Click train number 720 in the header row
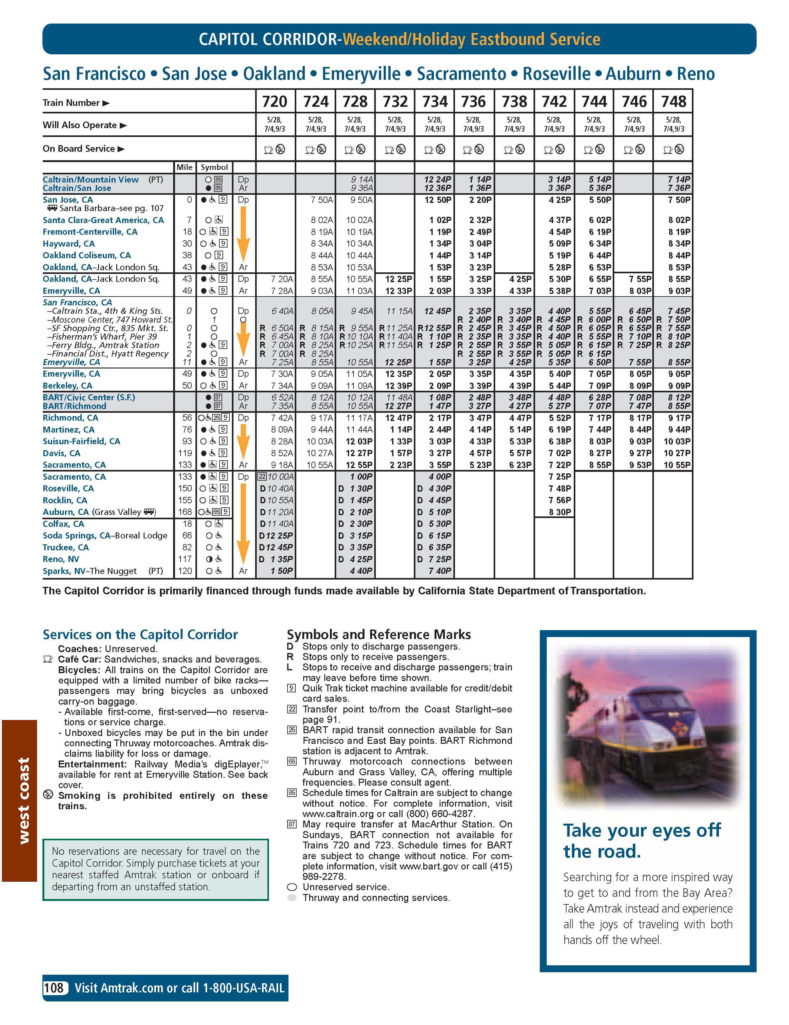[x=275, y=101]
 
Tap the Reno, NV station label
[x=61, y=559]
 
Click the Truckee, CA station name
[x=66, y=547]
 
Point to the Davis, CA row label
[x=62, y=453]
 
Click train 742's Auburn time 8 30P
[x=560, y=512]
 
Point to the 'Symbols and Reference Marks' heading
[x=378, y=635]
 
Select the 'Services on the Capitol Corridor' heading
[x=140, y=635]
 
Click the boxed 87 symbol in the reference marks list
[x=292, y=824]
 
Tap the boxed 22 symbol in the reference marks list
[x=292, y=709]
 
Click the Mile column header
[x=184, y=167]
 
